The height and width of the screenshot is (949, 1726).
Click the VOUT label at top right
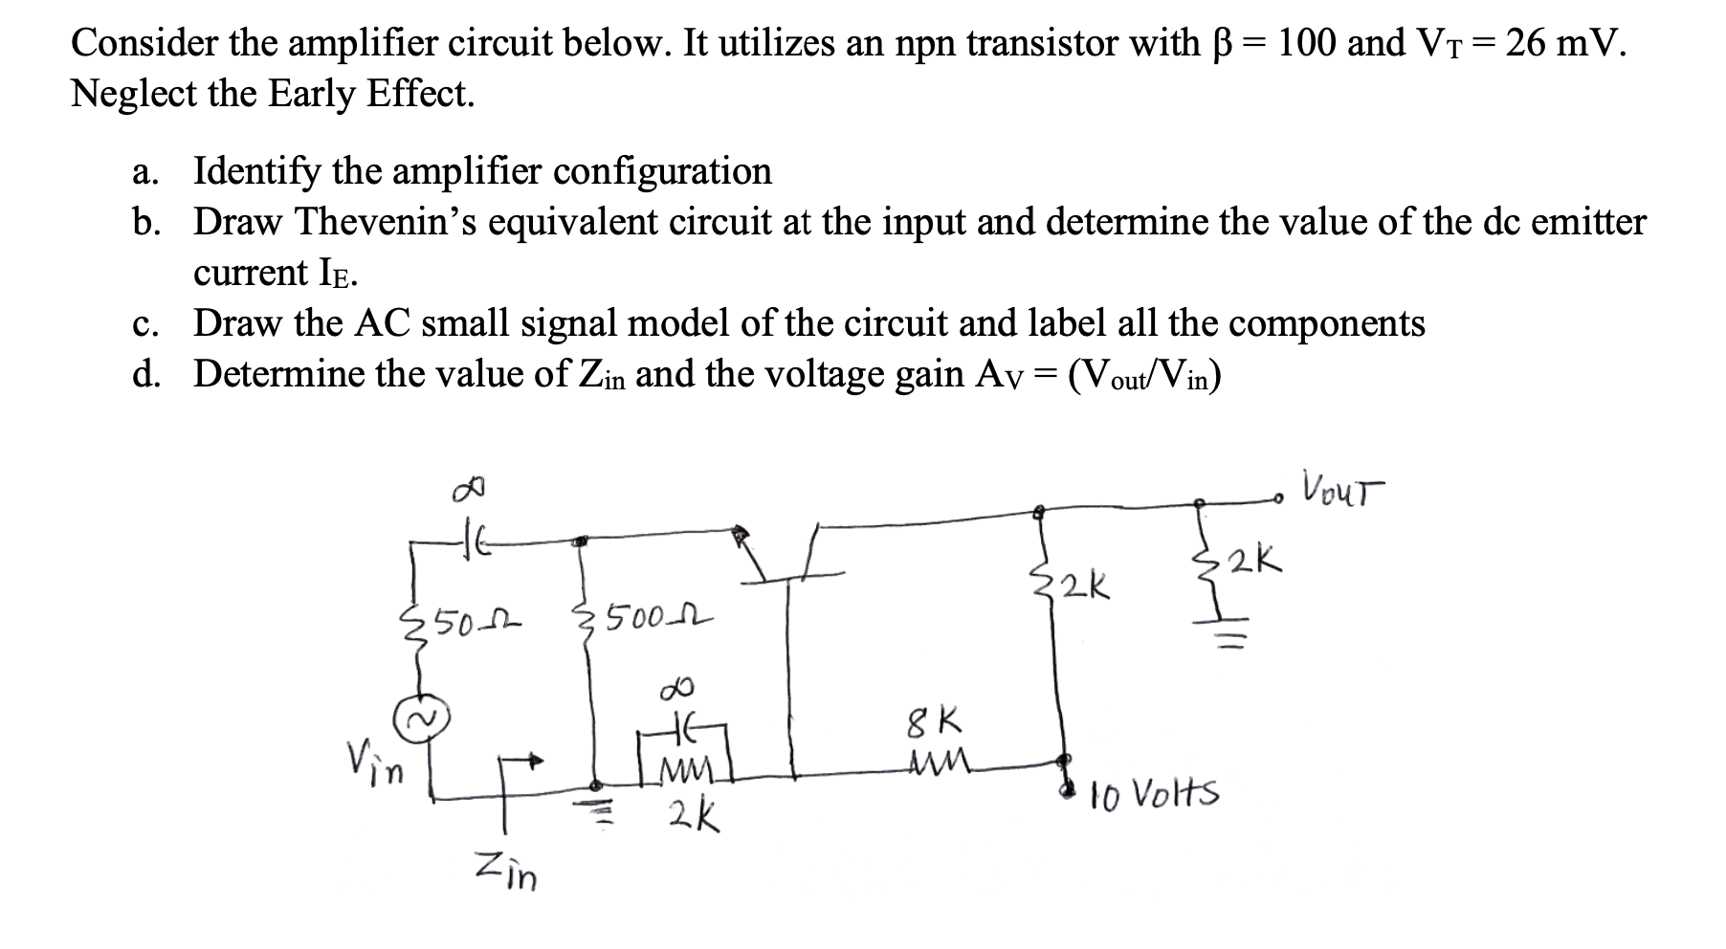1341,494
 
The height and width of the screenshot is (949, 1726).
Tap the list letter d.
144,374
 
